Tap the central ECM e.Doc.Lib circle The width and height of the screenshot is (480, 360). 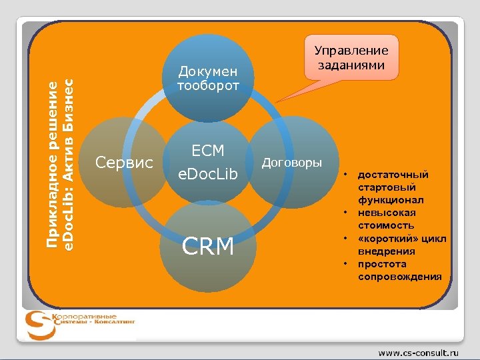pyautogui.click(x=208, y=162)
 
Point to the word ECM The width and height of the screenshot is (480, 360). pyautogui.click(x=208, y=151)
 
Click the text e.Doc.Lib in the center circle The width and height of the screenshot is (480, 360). pyautogui.click(x=208, y=175)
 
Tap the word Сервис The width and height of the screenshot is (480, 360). pyautogui.click(x=125, y=162)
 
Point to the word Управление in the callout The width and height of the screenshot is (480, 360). pyautogui.click(x=351, y=51)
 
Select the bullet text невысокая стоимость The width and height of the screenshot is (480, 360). pyautogui.click(x=386, y=219)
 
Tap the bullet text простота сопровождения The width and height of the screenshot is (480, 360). pyautogui.click(x=399, y=270)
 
